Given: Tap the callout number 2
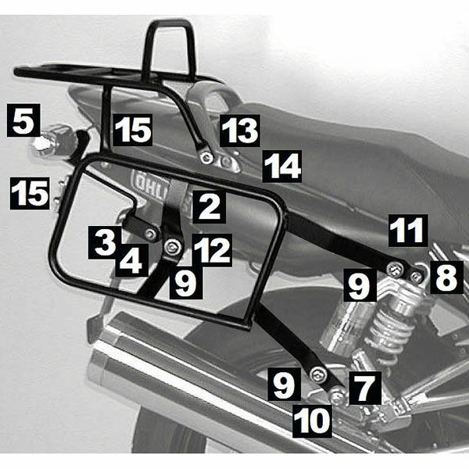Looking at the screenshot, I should coord(207,207).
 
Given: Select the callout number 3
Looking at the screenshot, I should coord(102,242).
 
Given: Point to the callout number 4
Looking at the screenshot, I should coord(131,260).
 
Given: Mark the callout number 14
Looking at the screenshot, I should coord(281,166).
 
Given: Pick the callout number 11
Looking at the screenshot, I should coord(408,231).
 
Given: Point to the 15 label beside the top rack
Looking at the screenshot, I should coord(131,130).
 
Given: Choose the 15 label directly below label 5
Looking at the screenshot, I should coord(30,192).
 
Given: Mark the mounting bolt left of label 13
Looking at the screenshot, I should coord(206,158).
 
